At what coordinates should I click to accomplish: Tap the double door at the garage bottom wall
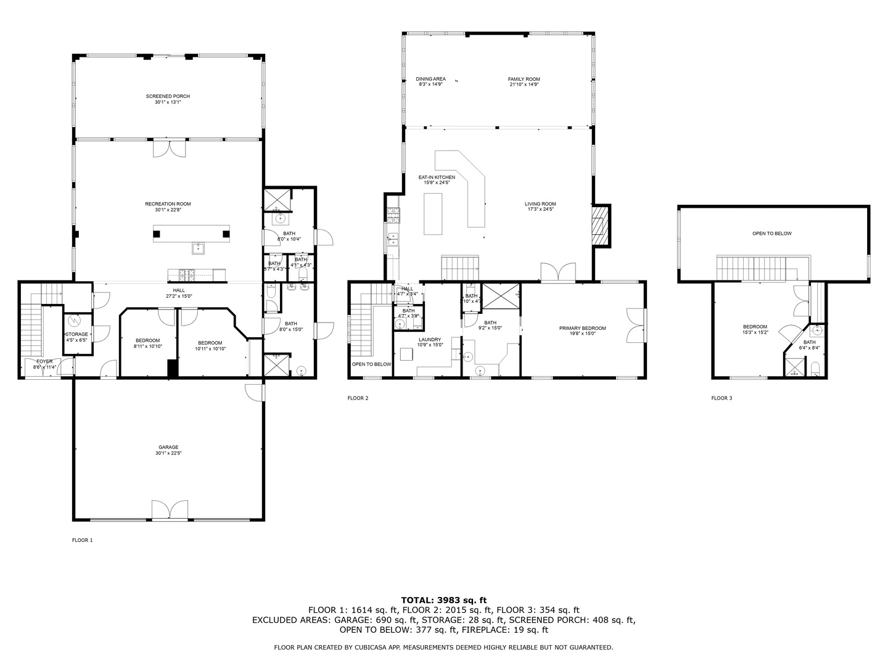170,511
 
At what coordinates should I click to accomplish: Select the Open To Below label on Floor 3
771,234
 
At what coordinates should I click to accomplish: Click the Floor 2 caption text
358,398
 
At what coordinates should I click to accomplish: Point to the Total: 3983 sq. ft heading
443,599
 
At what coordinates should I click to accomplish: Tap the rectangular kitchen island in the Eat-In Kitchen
434,213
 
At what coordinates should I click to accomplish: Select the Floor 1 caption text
82,540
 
